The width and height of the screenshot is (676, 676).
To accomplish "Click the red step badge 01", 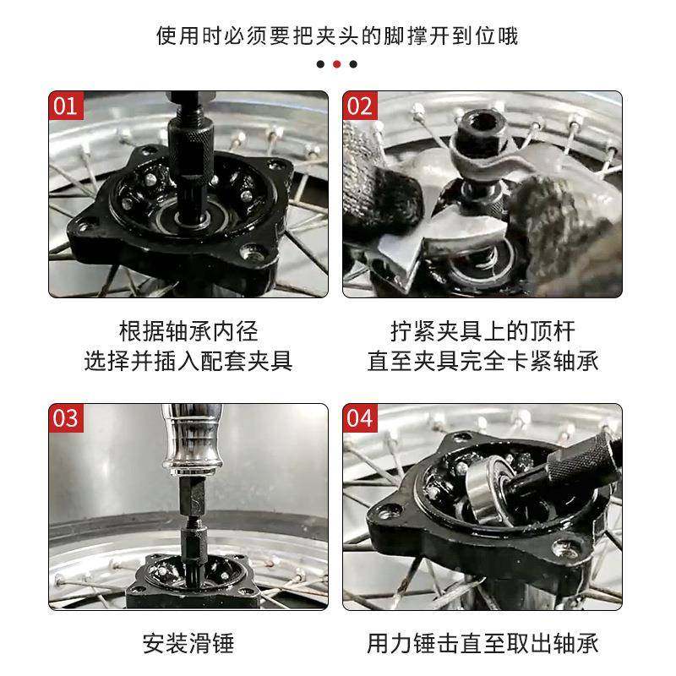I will pos(65,106).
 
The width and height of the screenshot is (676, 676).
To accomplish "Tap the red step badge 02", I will pos(359,106).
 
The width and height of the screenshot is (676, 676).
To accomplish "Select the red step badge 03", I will pos(65,418).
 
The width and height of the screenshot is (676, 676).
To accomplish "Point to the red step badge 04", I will pos(359,418).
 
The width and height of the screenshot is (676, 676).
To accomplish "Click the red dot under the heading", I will pos(337,63).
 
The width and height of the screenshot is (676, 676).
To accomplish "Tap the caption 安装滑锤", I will pos(188,644).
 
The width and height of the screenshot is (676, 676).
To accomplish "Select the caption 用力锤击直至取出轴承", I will pos(482,644).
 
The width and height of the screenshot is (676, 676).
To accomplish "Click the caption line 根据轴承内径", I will pos(188,330).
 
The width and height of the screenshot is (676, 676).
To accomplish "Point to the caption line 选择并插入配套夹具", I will pos(188,361).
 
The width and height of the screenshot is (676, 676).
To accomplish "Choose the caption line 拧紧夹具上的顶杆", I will pos(482,330).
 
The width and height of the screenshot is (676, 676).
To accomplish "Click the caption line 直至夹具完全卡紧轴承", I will pos(482,361).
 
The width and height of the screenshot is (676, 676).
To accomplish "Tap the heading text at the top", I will pos(337,36).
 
